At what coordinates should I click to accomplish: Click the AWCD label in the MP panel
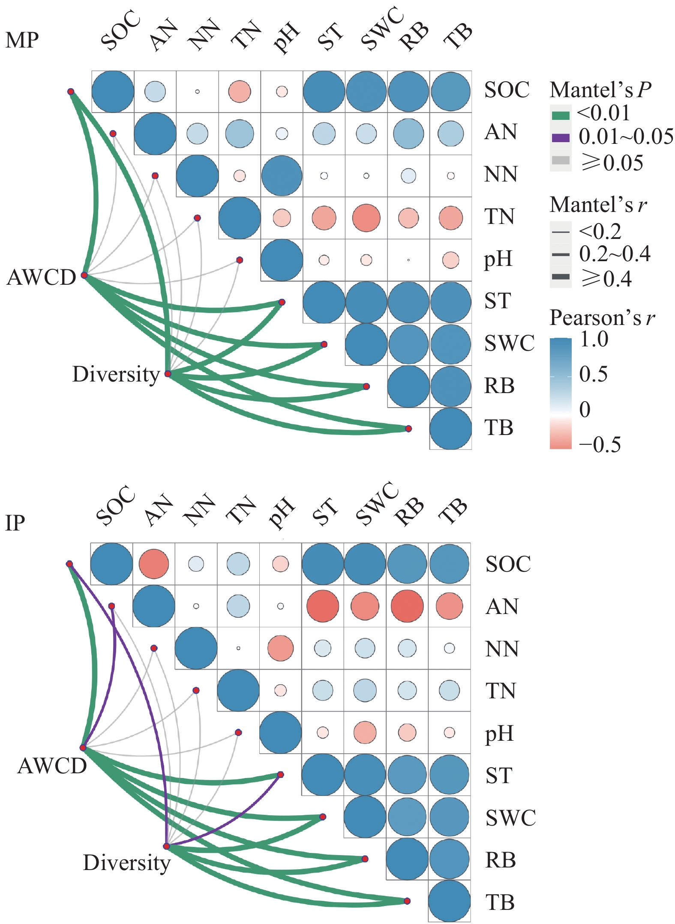coord(42,277)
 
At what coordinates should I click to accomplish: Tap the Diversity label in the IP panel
coord(127,862)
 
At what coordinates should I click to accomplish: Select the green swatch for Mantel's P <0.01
coord(561,115)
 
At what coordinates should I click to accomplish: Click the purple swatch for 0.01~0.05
coord(561,138)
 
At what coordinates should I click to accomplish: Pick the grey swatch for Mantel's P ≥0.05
coord(561,161)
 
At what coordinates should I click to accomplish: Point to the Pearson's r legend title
coord(603,318)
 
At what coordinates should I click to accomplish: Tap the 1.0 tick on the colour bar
coord(594,340)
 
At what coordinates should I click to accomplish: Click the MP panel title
coord(22,40)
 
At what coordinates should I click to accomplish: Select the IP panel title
coord(15,523)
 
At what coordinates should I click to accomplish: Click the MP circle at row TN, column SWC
coord(366,218)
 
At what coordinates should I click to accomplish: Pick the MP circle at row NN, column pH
coord(282,176)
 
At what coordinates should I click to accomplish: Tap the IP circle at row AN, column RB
coord(407,606)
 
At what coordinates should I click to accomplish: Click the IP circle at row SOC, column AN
coord(154,564)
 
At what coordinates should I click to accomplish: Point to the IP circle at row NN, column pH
coord(280,648)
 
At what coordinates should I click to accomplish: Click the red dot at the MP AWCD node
coord(84,275)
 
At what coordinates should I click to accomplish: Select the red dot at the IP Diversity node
coord(167,846)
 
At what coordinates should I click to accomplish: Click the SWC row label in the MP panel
coord(510,343)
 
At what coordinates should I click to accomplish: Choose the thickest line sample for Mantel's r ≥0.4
coord(561,277)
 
